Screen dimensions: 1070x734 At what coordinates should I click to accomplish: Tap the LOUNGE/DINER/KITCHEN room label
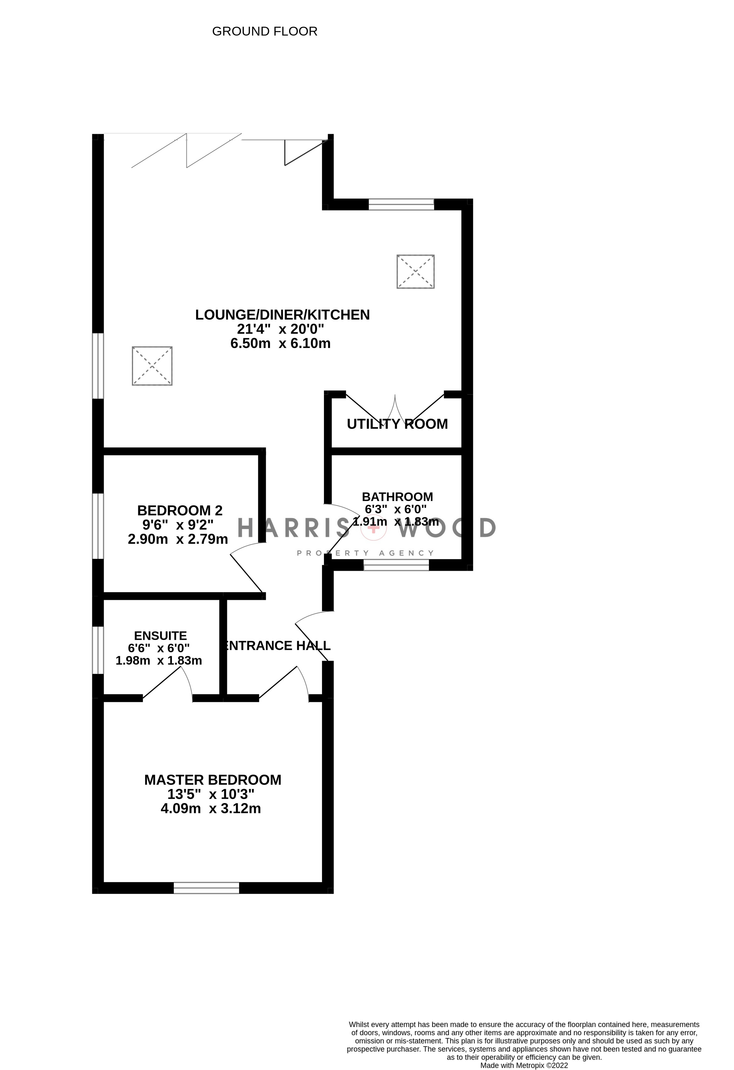282,315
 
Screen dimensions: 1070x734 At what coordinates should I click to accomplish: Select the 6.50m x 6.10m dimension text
280,344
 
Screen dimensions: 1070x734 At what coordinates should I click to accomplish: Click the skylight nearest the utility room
416,272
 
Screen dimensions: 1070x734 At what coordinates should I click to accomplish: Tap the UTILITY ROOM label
397,424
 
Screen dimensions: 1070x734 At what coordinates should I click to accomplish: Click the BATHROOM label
397,497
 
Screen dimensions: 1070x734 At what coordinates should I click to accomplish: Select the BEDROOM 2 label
180,510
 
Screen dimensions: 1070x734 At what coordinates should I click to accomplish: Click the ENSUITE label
160,636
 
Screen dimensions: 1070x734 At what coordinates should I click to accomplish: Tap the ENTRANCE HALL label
277,646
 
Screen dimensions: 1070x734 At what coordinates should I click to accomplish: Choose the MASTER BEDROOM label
213,780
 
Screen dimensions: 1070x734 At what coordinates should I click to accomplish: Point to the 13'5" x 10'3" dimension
211,794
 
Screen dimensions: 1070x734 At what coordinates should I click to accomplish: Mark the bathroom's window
396,565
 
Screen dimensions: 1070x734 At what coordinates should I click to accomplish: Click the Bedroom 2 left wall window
97,526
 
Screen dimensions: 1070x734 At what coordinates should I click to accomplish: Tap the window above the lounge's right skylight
401,204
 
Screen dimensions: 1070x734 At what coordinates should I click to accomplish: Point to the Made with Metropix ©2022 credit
524,1065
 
